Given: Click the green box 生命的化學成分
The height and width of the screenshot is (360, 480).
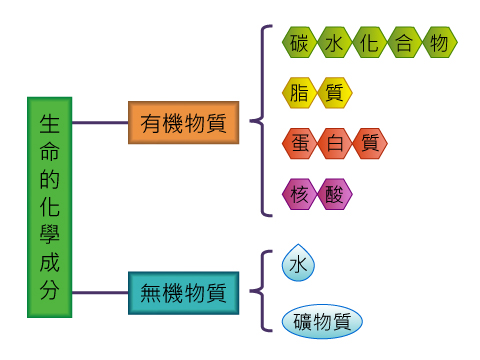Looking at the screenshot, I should pyautogui.click(x=50, y=207).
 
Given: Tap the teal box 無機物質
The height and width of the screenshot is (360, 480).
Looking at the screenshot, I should pyautogui.click(x=183, y=293).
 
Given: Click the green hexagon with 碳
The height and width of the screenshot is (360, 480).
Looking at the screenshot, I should pyautogui.click(x=300, y=43).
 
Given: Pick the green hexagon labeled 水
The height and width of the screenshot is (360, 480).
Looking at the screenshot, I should pyautogui.click(x=335, y=43).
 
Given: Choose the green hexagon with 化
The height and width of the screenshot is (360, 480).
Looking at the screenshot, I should pyautogui.click(x=369, y=43).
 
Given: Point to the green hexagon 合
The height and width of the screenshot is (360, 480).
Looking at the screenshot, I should pyautogui.click(x=404, y=43).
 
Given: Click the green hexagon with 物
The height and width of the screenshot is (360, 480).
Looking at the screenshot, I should pyautogui.click(x=438, y=43).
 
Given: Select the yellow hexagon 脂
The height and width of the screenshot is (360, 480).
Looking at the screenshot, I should pyautogui.click(x=300, y=93).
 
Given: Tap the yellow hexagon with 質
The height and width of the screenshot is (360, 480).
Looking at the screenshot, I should pyautogui.click(x=335, y=93).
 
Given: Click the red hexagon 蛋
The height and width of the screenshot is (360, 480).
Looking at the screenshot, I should pyautogui.click(x=300, y=144).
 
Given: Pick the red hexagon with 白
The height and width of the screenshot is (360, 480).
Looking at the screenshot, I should pyautogui.click(x=335, y=144).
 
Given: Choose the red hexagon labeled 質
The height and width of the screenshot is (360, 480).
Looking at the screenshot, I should pyautogui.click(x=369, y=144).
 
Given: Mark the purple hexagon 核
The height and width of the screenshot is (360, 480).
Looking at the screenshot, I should pyautogui.click(x=300, y=194).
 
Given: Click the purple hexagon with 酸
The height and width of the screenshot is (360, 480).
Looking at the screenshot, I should pyautogui.click(x=335, y=194).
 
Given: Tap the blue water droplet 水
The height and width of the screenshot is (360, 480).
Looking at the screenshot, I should pyautogui.click(x=299, y=265).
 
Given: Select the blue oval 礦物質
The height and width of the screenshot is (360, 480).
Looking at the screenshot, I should pyautogui.click(x=322, y=322).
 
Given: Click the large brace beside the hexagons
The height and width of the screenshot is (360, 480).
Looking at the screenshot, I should pyautogui.click(x=264, y=120).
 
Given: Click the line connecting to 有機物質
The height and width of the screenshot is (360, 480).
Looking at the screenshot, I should pyautogui.click(x=100, y=123).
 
